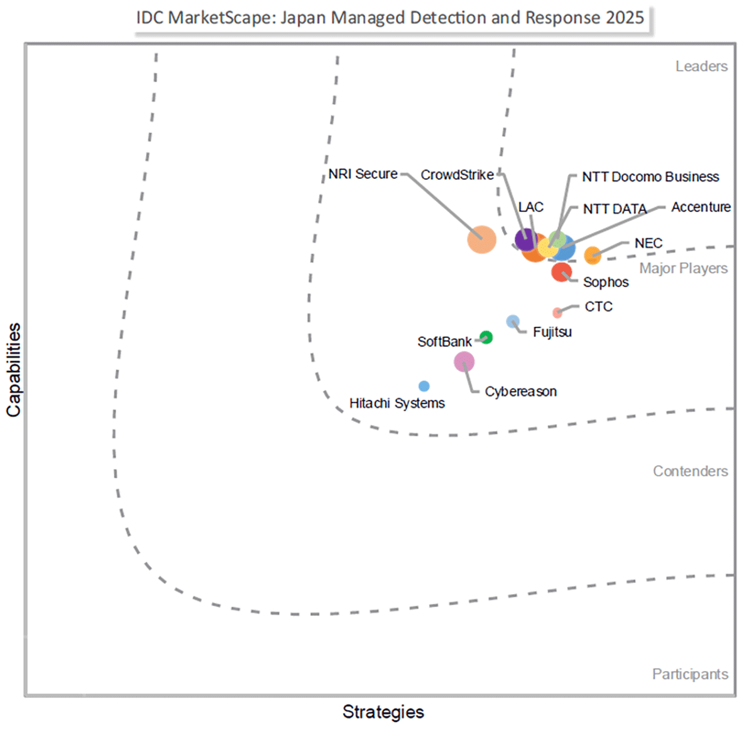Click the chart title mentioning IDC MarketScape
pyautogui.click(x=390, y=18)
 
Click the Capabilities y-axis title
pyautogui.click(x=14, y=370)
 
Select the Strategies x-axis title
pyautogui.click(x=383, y=712)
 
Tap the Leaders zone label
pyautogui.click(x=701, y=66)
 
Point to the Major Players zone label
pyautogui.click(x=683, y=269)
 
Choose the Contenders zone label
pyautogui.click(x=690, y=471)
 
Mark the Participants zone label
pyautogui.click(x=690, y=674)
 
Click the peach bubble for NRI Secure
pyautogui.click(x=482, y=240)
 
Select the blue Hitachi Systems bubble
pyautogui.click(x=424, y=386)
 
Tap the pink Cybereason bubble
pyautogui.click(x=464, y=362)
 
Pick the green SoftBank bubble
pyautogui.click(x=486, y=337)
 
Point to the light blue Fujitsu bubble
pyautogui.click(x=513, y=321)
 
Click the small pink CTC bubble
pyautogui.click(x=557, y=313)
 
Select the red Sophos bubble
pyautogui.click(x=561, y=272)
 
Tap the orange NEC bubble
pyautogui.click(x=593, y=255)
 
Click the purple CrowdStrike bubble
pyautogui.click(x=525, y=239)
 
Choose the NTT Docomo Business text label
pyautogui.click(x=650, y=177)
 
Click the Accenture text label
pyautogui.click(x=701, y=207)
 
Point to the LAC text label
pyautogui.click(x=531, y=207)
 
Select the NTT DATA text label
pyautogui.click(x=615, y=209)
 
